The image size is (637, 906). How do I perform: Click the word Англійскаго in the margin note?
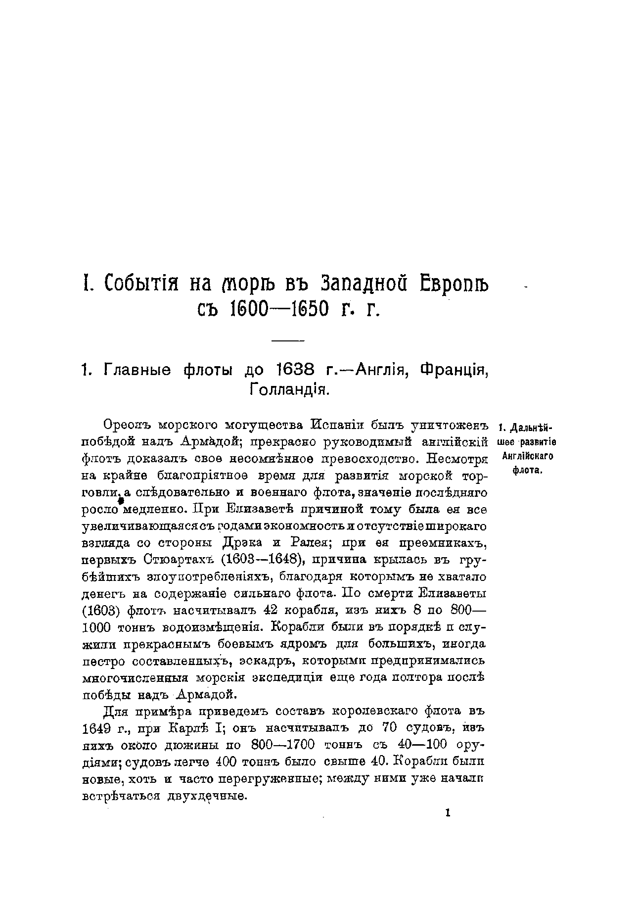coord(527,456)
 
